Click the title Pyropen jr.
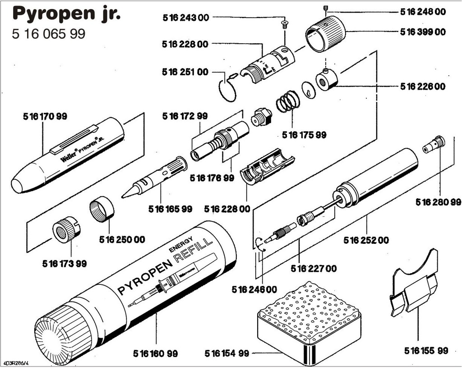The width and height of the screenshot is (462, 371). tap(67, 14)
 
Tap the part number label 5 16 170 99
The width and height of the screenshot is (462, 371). tap(45, 116)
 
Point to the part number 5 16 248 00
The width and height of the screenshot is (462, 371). tap(423, 12)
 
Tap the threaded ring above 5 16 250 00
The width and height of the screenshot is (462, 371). tap(102, 208)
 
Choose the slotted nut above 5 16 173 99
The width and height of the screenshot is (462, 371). tap(66, 229)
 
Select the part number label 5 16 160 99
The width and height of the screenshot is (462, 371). tap(155, 353)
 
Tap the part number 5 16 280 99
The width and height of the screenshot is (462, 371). tap(438, 202)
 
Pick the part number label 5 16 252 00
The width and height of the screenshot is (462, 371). tap(366, 240)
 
